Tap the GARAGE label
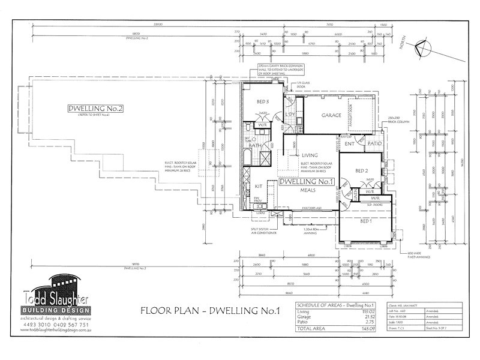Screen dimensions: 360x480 coord(331,115)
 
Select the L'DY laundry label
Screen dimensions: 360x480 coord(289,114)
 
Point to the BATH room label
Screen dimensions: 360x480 coord(255,145)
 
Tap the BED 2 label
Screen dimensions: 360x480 coord(362,170)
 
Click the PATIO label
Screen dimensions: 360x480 coord(375,143)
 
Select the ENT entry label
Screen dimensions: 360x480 coord(350,143)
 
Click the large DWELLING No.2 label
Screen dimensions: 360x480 coord(95,109)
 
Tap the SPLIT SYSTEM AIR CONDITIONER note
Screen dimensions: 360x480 coord(263,232)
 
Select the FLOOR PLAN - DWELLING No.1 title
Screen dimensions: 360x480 coord(210,310)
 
